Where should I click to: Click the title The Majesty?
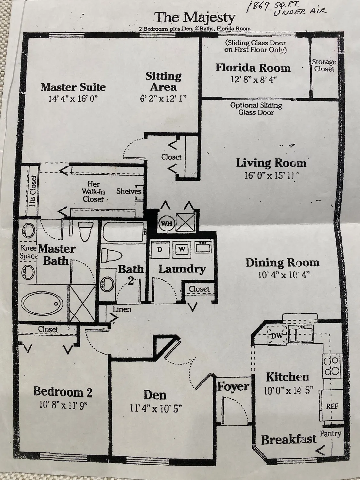(195, 18)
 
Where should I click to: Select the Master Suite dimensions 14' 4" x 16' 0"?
(73, 98)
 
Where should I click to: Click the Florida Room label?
(253, 68)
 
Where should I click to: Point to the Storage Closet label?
(324, 65)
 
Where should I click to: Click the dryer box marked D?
(159, 250)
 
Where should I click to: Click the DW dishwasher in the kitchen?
(276, 336)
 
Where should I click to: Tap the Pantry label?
(331, 434)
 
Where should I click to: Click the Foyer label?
(233, 387)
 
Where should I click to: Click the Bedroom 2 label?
(63, 391)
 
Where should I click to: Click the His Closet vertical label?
(33, 190)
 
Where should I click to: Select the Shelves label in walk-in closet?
(129, 191)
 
